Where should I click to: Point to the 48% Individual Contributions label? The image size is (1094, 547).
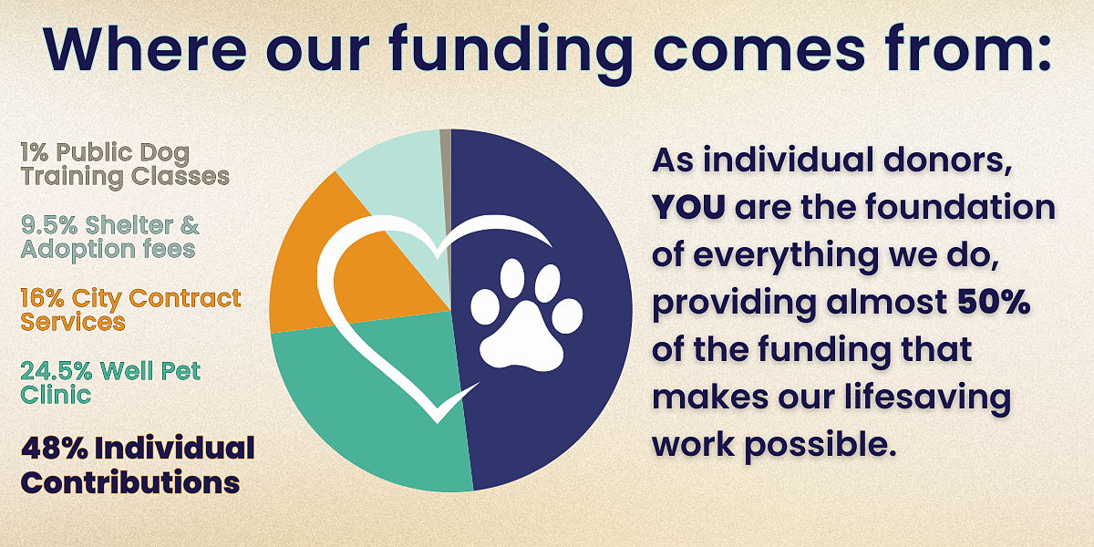coord(138,465)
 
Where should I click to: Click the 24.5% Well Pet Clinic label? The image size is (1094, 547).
coord(110,383)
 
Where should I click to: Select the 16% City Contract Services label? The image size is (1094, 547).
coord(131,310)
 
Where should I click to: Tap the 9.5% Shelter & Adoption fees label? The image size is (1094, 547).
coord(110,237)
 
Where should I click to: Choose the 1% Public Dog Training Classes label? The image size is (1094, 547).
coord(125,165)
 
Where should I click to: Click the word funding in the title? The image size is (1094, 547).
coord(511,51)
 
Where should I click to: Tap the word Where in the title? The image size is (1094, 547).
coord(145,50)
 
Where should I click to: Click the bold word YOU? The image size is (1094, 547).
coord(688,207)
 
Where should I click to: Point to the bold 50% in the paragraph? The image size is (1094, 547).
coord(995,303)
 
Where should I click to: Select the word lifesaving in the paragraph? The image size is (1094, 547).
coord(928,398)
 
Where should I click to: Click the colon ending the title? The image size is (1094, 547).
coord(1042,55)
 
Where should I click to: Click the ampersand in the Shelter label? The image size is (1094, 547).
coord(190,226)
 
